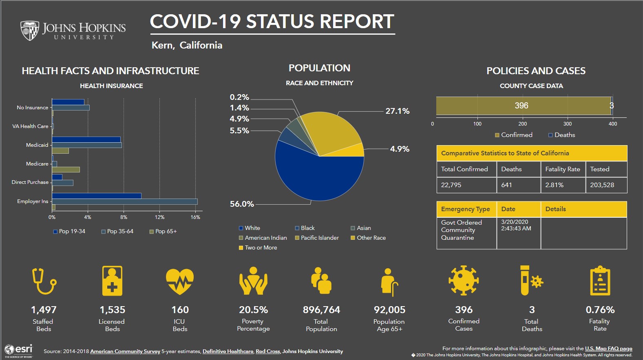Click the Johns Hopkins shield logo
tap(30, 31)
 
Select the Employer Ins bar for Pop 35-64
tap(124, 201)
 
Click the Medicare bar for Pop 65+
tap(66, 170)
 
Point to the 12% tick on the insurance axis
tap(159, 217)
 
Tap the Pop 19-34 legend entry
tap(69, 231)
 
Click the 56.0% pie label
tap(242, 204)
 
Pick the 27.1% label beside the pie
tap(397, 111)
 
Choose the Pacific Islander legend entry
tap(317, 238)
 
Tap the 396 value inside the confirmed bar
tap(521, 106)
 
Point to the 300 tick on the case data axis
tap(567, 124)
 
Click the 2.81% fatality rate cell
tap(554, 185)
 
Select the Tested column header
tap(599, 169)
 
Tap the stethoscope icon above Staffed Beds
tap(44, 281)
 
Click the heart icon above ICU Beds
tap(179, 281)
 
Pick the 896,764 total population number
tap(321, 310)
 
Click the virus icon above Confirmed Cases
tap(464, 280)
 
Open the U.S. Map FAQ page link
tap(608, 349)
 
